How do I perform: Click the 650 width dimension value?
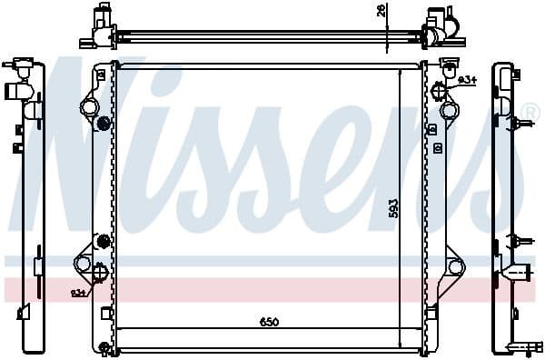tap(269, 323)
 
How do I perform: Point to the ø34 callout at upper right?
tap(468, 81)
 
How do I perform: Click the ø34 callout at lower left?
tap(80, 292)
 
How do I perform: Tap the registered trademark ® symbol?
tap(527, 115)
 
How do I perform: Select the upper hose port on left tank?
tap(89, 108)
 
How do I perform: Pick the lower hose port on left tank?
tap(84, 265)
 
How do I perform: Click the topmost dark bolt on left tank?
tap(103, 124)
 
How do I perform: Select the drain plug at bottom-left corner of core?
tap(105, 349)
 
